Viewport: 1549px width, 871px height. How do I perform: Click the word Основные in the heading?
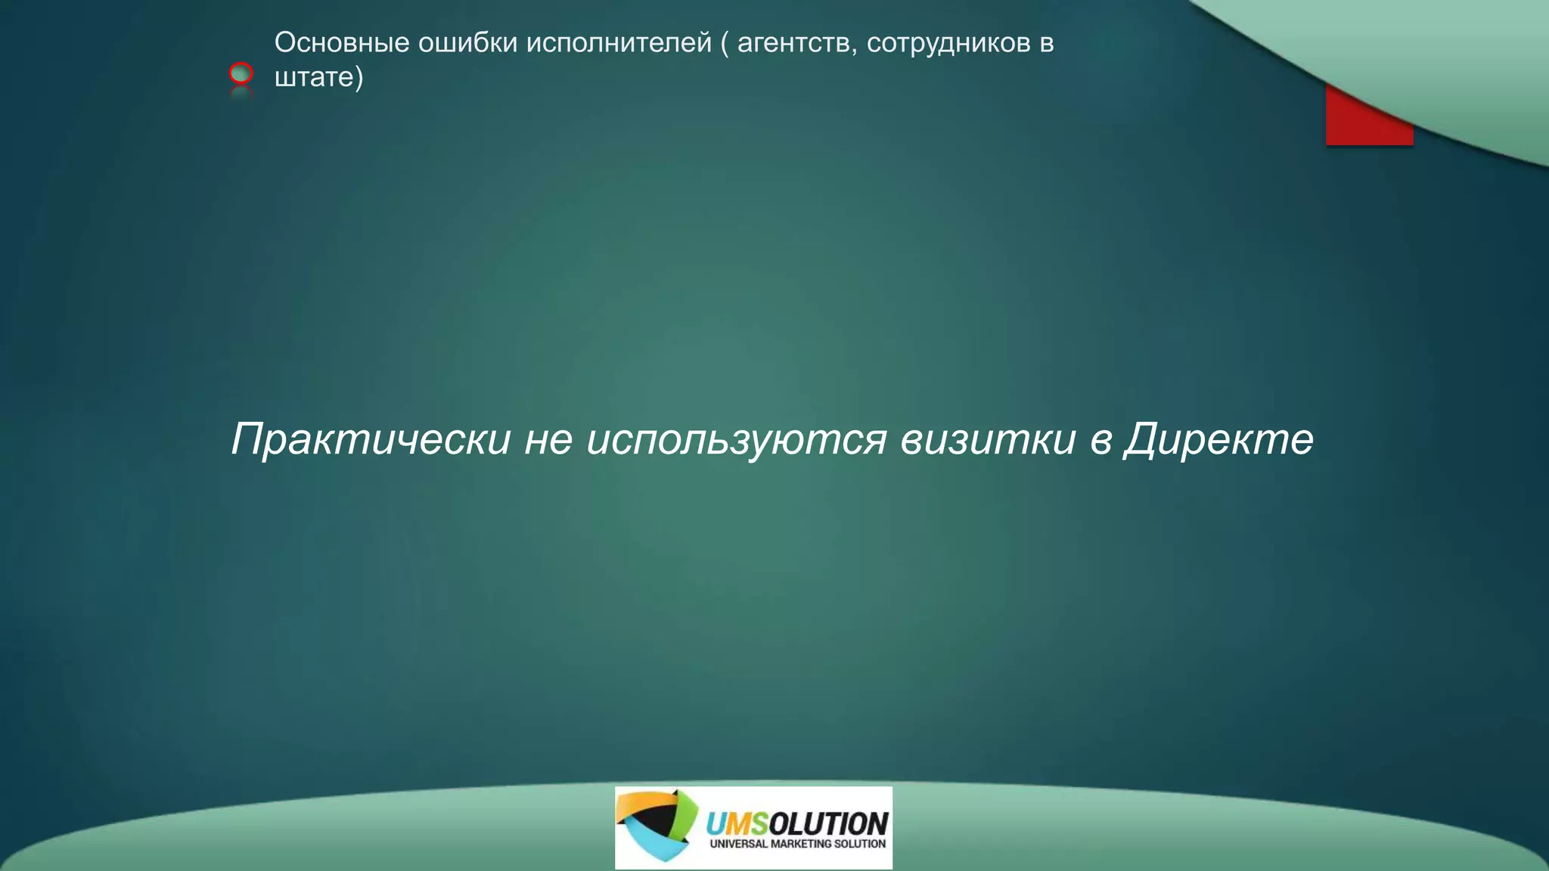click(x=342, y=43)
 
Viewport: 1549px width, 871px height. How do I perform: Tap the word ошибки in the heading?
click(x=468, y=43)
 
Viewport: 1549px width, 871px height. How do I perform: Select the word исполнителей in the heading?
click(x=619, y=43)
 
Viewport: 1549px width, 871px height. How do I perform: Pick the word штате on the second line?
click(x=314, y=77)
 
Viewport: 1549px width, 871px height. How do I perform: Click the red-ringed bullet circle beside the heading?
click(x=241, y=73)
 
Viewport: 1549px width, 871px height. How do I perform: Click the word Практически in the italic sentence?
click(x=371, y=439)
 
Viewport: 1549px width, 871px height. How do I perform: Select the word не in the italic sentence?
click(x=548, y=439)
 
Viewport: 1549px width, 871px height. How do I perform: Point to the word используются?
click(x=736, y=439)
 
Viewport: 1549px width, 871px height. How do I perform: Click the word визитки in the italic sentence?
click(x=988, y=439)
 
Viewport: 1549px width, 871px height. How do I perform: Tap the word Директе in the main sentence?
click(x=1218, y=439)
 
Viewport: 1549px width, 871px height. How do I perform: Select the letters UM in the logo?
click(x=726, y=823)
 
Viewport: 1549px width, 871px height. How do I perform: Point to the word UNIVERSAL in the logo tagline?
click(x=738, y=844)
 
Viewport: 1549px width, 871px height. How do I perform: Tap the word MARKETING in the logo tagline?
click(x=801, y=844)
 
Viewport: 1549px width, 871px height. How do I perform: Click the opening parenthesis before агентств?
click(x=724, y=43)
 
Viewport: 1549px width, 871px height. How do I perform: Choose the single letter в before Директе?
click(x=1100, y=440)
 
